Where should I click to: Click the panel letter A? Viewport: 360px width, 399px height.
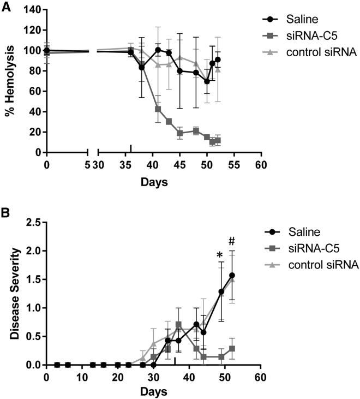(x=6, y=6)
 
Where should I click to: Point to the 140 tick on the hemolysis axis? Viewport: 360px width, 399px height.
(x=32, y=10)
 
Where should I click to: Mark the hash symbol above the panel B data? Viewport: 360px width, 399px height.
(x=231, y=241)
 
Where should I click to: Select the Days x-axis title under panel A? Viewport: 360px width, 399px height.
(x=154, y=181)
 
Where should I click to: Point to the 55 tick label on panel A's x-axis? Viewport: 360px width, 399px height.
(x=234, y=165)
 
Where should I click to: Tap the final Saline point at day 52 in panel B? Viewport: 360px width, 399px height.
(x=232, y=275)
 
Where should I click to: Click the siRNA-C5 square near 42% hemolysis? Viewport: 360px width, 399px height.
(x=158, y=109)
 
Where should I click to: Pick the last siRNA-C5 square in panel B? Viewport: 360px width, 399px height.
(x=232, y=348)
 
